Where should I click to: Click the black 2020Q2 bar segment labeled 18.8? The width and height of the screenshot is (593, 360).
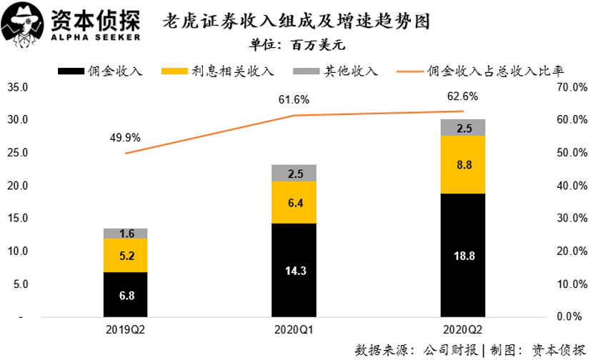pos(463,255)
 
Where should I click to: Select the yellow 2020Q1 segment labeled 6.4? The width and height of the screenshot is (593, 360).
pos(294,202)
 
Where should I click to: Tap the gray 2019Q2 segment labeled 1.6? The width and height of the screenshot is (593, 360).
pos(125,233)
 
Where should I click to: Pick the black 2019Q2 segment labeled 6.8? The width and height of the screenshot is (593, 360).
pos(125,294)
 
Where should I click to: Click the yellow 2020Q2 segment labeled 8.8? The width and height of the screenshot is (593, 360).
pos(463,164)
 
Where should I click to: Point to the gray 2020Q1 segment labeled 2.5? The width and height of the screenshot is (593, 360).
pos(294,174)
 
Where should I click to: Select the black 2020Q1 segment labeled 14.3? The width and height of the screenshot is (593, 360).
pos(294,270)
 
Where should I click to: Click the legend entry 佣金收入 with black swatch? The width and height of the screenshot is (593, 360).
pos(102,71)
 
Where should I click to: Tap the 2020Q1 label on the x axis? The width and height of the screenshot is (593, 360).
pos(294,330)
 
